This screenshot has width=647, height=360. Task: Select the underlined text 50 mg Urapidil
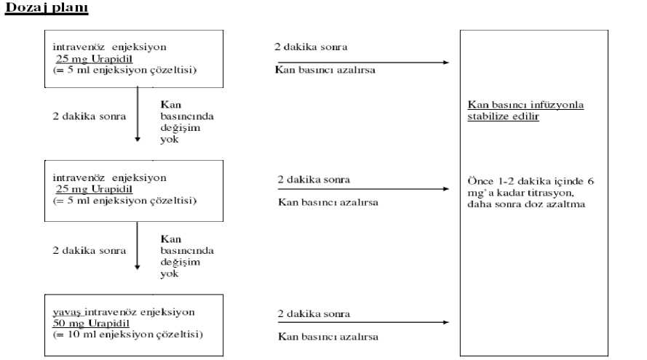(91, 324)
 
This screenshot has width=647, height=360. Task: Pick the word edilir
(525, 116)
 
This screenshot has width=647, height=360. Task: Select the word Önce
(480, 181)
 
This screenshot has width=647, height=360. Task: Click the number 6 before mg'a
(590, 181)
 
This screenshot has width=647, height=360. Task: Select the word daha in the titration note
(478, 204)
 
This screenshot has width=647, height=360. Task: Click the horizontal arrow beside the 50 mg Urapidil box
(363, 322)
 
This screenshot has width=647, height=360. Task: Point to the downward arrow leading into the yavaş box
(138, 246)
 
